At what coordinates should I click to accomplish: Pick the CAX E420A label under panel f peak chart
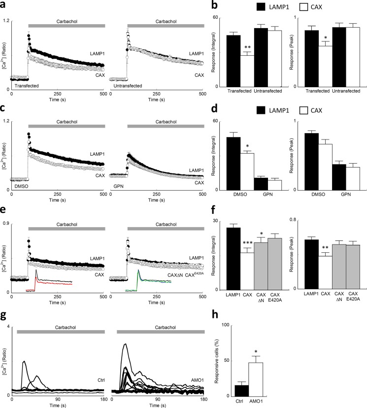tap(352, 297)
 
